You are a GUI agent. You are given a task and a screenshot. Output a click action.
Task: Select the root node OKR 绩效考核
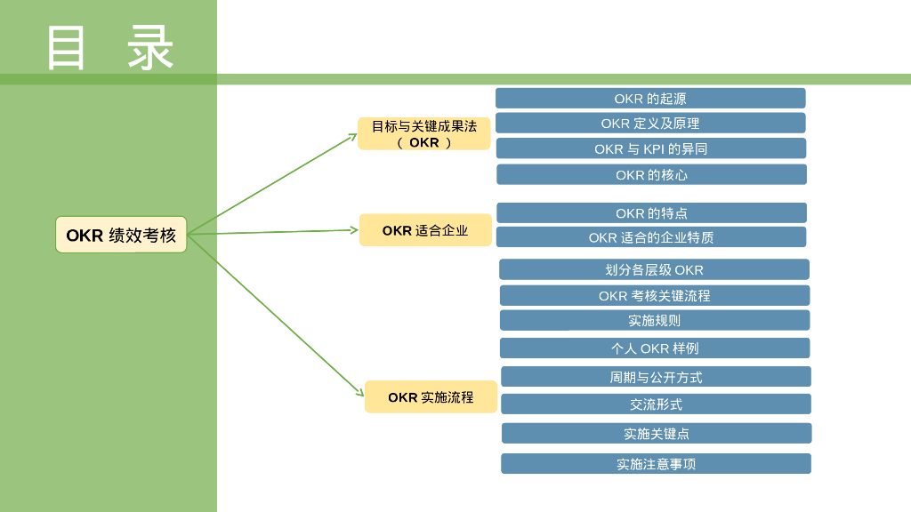[121, 235]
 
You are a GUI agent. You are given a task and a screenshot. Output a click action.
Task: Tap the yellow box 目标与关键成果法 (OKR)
[424, 133]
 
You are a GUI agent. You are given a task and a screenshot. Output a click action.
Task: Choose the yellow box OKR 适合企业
[425, 230]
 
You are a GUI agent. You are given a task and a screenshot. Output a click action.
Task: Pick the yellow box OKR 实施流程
[431, 396]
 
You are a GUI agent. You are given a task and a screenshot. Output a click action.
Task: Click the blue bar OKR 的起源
[650, 98]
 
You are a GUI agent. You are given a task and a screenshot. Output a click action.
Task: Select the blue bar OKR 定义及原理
[650, 123]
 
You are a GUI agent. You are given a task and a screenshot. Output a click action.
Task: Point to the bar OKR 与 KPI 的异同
[651, 148]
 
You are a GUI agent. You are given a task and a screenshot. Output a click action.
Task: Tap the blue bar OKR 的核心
[651, 174]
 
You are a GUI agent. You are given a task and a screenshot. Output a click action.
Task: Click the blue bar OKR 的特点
[651, 213]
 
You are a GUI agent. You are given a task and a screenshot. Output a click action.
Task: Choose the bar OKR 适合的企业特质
[651, 237]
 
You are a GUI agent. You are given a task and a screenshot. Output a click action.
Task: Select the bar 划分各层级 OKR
[654, 269]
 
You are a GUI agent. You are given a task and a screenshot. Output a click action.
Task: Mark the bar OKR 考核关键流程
[655, 295]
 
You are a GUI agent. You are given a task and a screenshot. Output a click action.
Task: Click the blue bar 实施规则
[655, 320]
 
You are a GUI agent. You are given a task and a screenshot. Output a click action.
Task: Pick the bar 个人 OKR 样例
[655, 348]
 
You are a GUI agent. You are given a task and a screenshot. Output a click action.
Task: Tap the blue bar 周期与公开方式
[656, 377]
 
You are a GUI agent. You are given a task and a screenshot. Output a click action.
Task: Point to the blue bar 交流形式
[656, 404]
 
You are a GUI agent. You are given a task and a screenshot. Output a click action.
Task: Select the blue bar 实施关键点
[657, 433]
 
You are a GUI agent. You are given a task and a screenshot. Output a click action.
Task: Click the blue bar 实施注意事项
[656, 463]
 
